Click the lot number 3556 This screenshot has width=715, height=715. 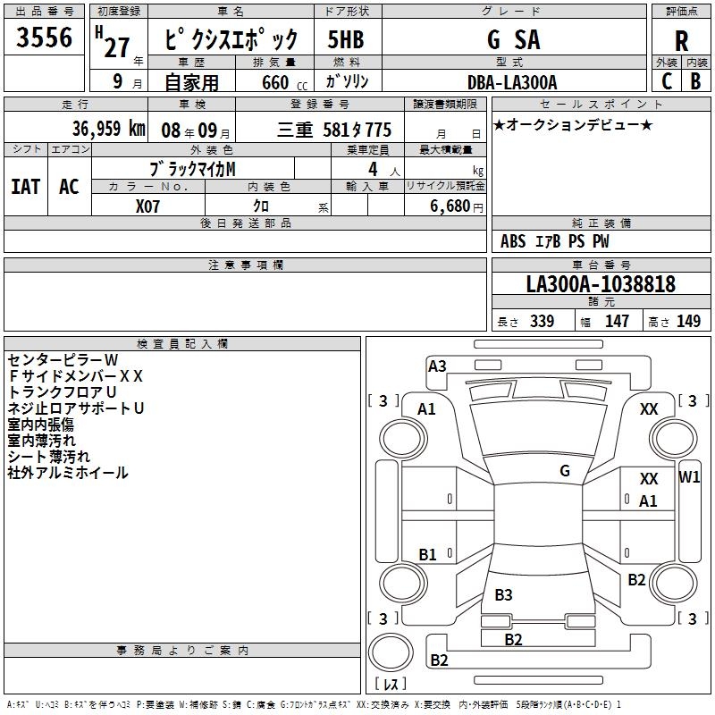click(44, 38)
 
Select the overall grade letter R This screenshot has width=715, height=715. click(681, 41)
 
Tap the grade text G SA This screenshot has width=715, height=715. click(514, 40)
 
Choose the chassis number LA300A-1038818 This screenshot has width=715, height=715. click(601, 285)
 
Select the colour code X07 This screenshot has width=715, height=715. click(147, 206)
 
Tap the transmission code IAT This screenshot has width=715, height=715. click(25, 187)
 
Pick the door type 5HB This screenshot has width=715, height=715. click(346, 40)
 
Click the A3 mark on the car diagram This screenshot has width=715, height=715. click(437, 366)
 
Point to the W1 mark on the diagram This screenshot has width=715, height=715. click(689, 477)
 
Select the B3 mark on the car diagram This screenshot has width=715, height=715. click(503, 595)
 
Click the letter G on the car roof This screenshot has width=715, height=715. click(565, 471)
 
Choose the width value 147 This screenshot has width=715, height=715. click(617, 322)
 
